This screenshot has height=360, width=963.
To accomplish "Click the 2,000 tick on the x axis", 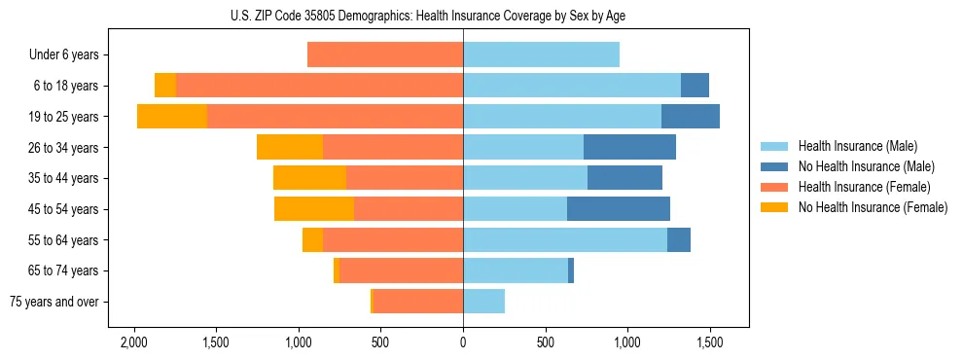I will (133, 342).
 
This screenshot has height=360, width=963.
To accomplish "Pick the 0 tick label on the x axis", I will (463, 342).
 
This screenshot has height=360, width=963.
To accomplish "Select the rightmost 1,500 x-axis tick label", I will (710, 342).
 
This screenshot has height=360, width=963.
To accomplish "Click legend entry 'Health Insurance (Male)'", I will (857, 146).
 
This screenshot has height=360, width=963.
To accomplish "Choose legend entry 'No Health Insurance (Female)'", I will (873, 207).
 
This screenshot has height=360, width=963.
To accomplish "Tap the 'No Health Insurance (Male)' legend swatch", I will (775, 166).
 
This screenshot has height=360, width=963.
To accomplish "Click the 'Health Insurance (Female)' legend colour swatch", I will (775, 187).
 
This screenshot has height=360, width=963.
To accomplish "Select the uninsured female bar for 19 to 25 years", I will (172, 117).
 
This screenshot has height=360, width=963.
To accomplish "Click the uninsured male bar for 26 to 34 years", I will (629, 147).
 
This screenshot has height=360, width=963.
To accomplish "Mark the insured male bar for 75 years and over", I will (483, 302).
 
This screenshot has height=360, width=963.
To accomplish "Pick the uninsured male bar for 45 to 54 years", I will (619, 209).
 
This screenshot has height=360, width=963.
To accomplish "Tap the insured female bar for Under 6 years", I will (385, 54).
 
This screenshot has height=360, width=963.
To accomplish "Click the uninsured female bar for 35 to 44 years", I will (309, 178).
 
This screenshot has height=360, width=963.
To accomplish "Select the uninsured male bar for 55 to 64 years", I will (679, 239).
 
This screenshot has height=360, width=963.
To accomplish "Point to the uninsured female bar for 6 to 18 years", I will (165, 86).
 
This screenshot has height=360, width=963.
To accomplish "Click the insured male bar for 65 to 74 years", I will (516, 270).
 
